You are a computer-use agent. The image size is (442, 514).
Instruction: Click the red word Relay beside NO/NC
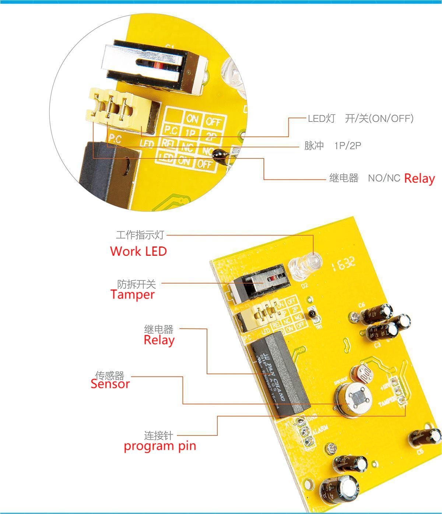419,178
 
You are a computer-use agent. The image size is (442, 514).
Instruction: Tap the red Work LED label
138,251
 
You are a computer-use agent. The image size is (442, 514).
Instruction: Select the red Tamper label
132,294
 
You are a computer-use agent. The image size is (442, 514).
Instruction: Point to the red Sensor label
110,384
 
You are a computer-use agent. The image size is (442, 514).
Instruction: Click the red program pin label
160,446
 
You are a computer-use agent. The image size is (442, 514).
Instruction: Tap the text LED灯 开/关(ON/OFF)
361,118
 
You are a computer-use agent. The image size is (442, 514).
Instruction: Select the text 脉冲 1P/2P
333,146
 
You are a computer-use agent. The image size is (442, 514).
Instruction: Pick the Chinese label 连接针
158,436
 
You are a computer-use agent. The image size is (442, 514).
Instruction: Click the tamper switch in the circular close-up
155,66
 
